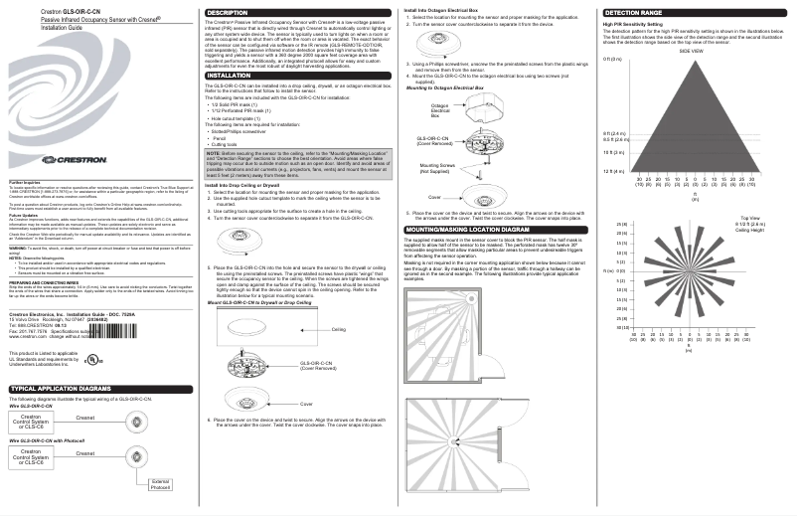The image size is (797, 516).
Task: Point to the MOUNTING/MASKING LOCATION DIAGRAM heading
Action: pyautogui.click(x=464, y=228)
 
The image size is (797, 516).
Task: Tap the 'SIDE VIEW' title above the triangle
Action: pyautogui.click(x=692, y=50)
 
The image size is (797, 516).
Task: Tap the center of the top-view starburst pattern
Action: pyautogui.click(x=692, y=269)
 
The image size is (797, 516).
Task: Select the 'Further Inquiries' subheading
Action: pyautogui.click(x=25, y=182)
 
